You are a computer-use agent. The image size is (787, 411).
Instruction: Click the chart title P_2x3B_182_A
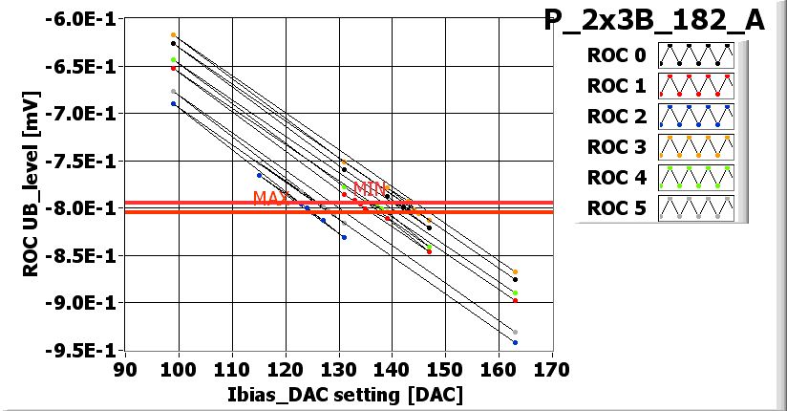coord(654,21)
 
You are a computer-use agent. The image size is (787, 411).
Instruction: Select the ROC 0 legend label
coord(616,55)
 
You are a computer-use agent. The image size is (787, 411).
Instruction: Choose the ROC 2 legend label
coord(616,117)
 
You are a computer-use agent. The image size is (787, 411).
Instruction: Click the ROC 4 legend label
coord(616,178)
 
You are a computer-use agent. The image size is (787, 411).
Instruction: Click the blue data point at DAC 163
coord(515,342)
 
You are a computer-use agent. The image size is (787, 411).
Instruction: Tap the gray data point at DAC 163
coord(515,332)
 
